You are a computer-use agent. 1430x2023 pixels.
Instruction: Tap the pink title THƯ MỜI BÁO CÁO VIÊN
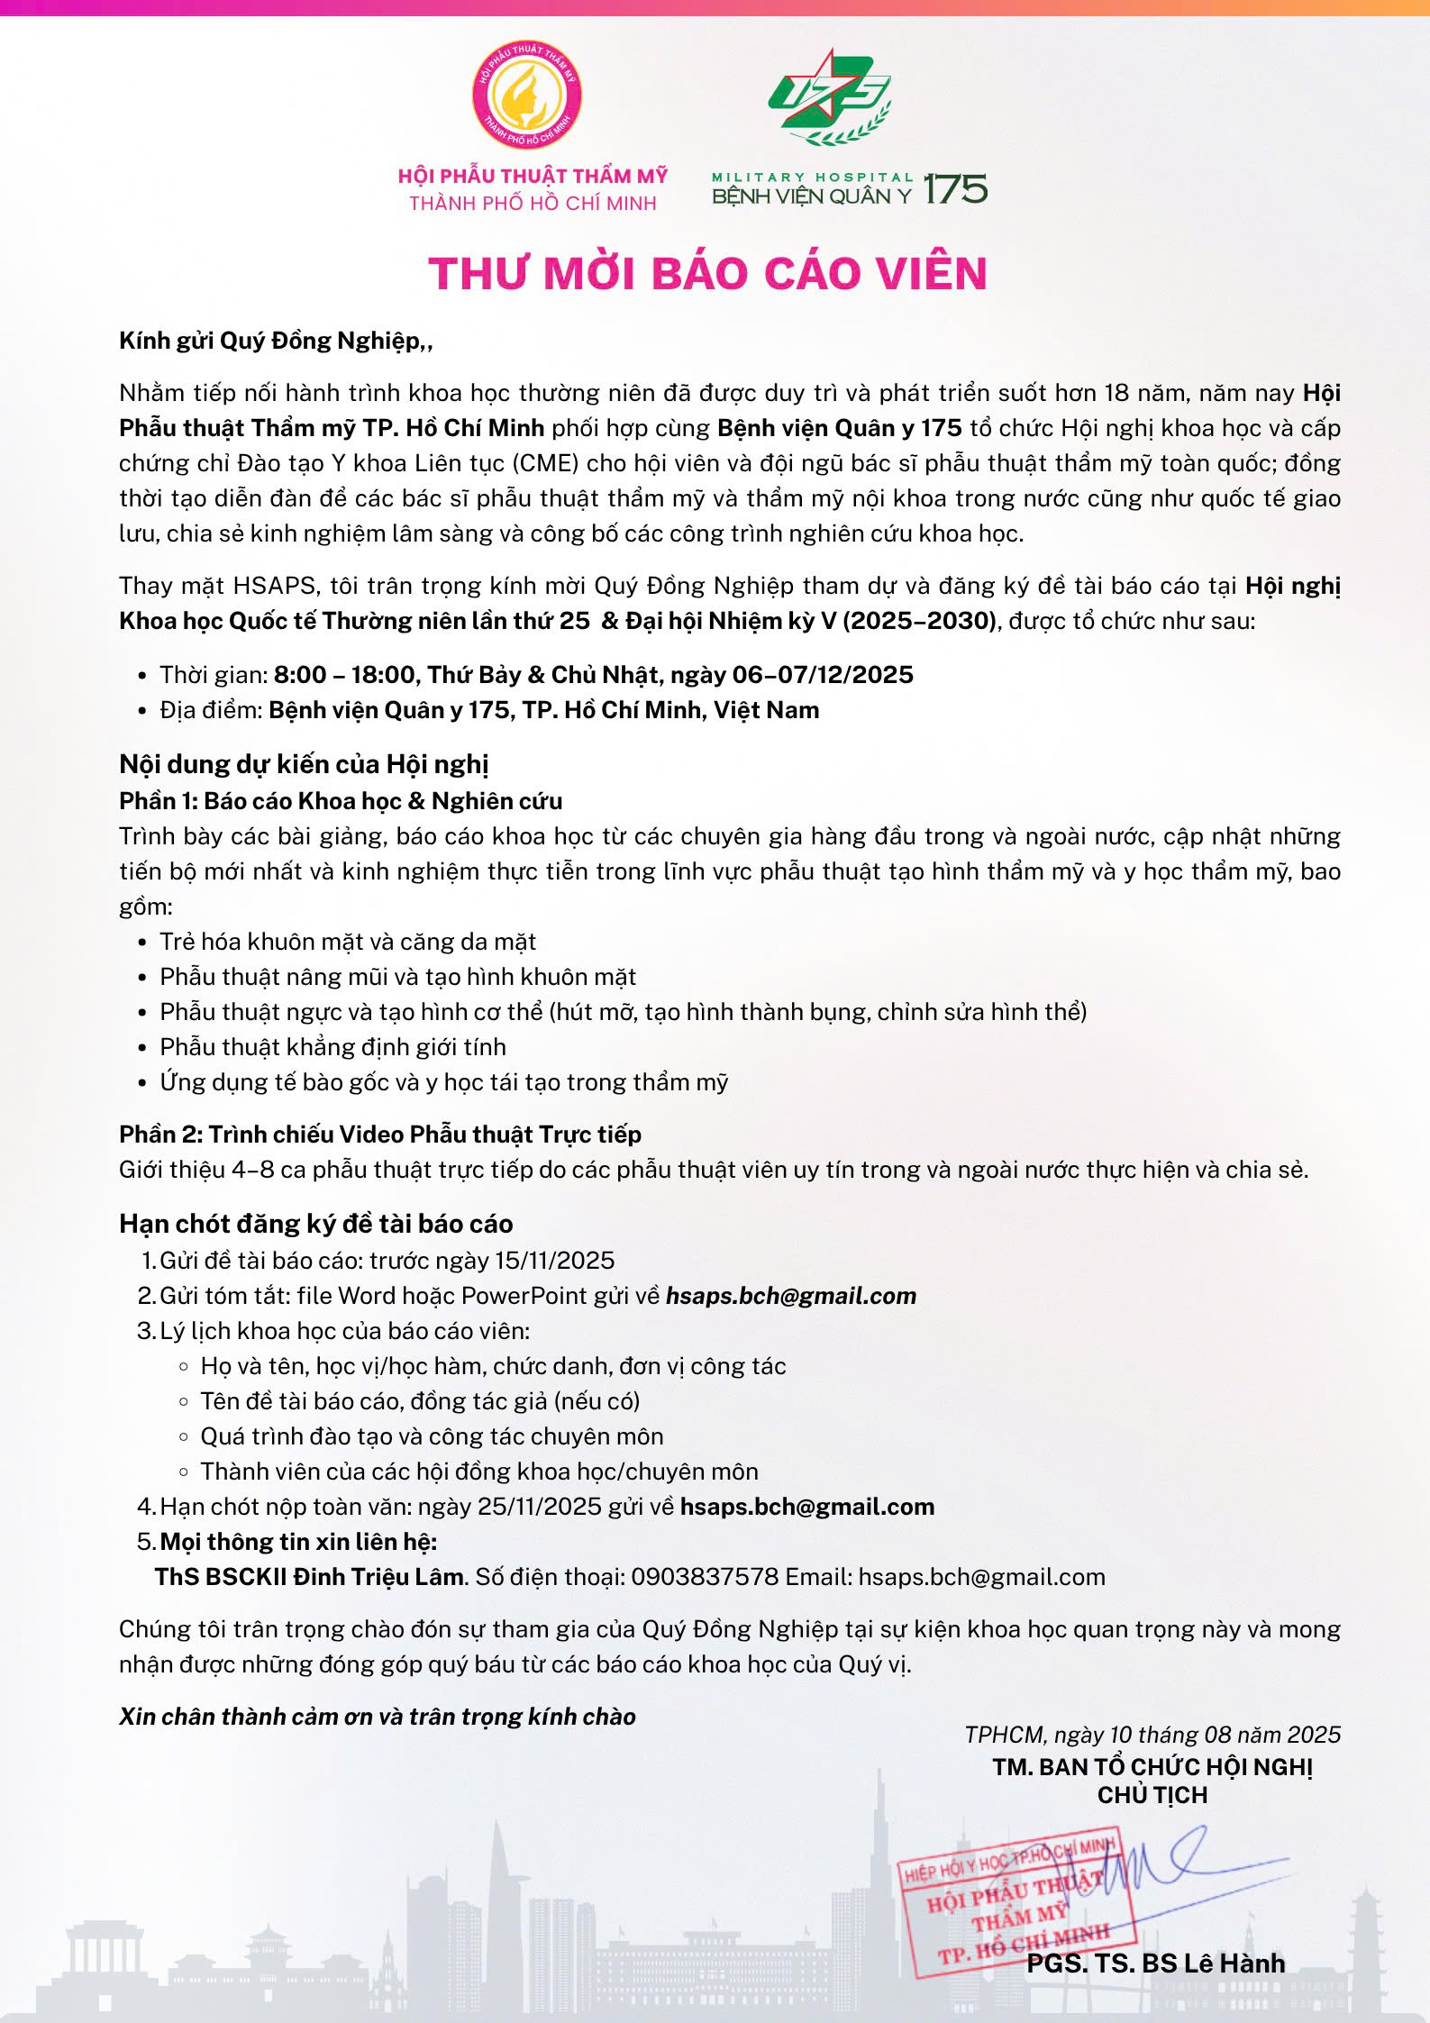708,273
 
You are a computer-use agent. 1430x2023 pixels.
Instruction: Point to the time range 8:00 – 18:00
345,675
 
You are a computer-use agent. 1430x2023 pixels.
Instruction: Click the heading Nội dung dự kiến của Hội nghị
304,764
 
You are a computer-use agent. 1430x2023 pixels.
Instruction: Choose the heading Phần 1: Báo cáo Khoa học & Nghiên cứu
341,801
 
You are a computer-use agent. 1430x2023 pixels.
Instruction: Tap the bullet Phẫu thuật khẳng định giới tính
332,1047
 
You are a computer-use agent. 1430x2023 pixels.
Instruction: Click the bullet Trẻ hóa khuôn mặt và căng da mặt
348,942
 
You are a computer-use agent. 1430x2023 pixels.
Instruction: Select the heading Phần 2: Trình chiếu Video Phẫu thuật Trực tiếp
380,1135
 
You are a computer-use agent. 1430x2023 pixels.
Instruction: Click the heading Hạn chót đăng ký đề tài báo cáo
316,1224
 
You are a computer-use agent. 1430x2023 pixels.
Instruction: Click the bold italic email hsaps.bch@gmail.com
791,1296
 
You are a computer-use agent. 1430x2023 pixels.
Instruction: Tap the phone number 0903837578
705,1577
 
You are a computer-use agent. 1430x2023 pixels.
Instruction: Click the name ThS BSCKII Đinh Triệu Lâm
311,1577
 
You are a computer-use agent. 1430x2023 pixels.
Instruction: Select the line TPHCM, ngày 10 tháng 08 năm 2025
1152,1735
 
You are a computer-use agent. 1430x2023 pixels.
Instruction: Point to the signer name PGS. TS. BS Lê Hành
1156,1963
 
